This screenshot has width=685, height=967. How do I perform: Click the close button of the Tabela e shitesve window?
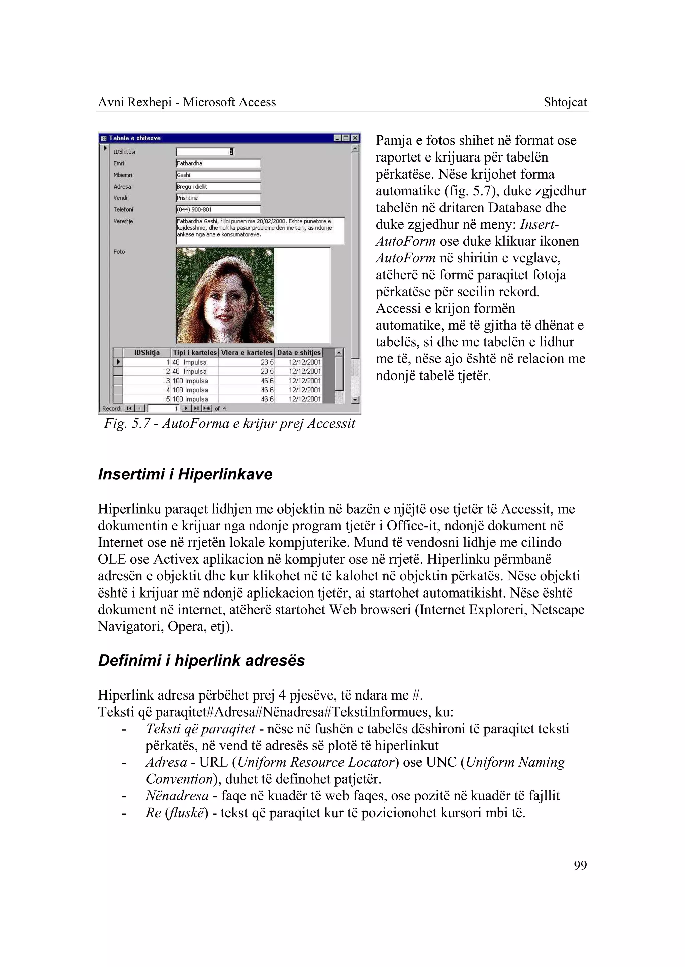click(356, 138)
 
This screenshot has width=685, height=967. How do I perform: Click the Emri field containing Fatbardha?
click(218, 163)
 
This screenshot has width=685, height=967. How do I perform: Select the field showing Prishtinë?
click(218, 198)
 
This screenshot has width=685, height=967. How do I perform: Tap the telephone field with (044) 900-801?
click(218, 210)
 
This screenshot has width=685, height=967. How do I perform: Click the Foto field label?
click(119, 252)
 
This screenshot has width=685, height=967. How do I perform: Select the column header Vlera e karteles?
click(246, 352)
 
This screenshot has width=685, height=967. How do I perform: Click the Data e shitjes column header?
click(299, 352)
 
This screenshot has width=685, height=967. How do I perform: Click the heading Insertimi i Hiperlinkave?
click(185, 474)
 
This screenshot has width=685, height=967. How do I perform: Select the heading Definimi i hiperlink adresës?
click(201, 660)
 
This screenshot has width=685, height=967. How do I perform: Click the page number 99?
click(580, 865)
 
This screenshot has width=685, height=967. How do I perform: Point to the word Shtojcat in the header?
click(565, 102)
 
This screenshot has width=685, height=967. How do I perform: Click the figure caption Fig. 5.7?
click(229, 423)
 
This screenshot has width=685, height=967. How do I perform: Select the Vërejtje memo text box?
click(260, 231)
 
